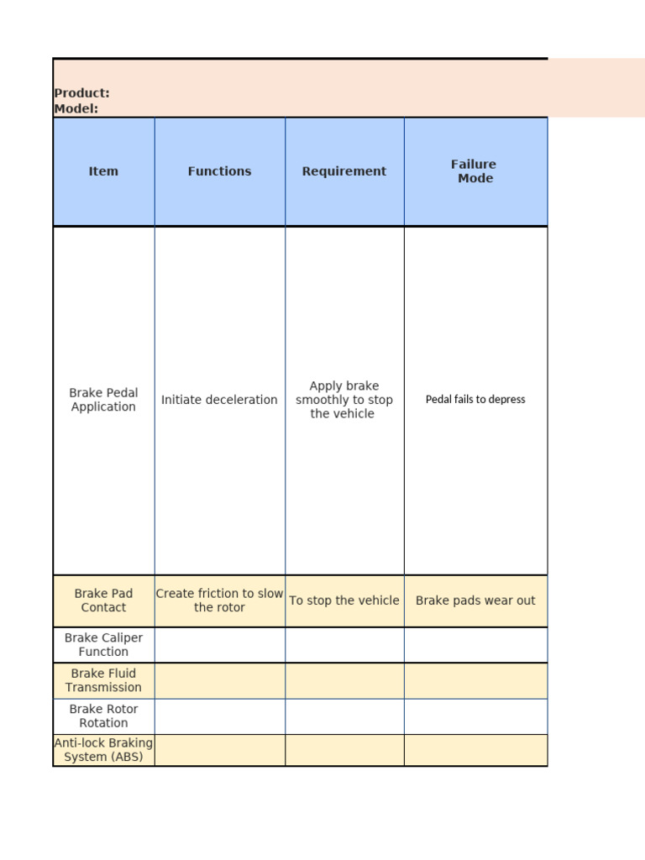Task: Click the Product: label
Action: click(81, 93)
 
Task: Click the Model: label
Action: click(76, 108)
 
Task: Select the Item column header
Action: click(103, 171)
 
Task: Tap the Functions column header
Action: click(219, 171)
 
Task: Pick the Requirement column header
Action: click(344, 171)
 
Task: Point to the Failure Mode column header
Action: click(475, 171)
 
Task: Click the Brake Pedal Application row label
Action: click(103, 400)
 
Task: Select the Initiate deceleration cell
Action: click(219, 400)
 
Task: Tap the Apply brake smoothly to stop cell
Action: click(344, 400)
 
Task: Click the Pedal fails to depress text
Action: click(475, 400)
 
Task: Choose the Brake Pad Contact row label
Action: click(103, 600)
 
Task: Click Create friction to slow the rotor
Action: click(219, 600)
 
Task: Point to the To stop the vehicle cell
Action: click(344, 600)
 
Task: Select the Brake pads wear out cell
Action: click(475, 600)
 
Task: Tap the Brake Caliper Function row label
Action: click(103, 645)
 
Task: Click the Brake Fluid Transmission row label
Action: click(103, 680)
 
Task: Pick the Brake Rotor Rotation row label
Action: click(103, 716)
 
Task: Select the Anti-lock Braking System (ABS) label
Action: click(103, 750)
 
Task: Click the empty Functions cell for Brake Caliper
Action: click(219, 645)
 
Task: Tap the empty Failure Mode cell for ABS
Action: click(475, 750)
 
